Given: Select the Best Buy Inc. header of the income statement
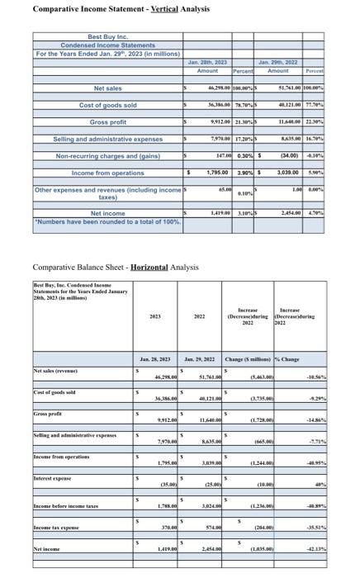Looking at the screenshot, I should [107, 37].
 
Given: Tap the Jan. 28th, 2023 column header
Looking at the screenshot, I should [209, 63].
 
